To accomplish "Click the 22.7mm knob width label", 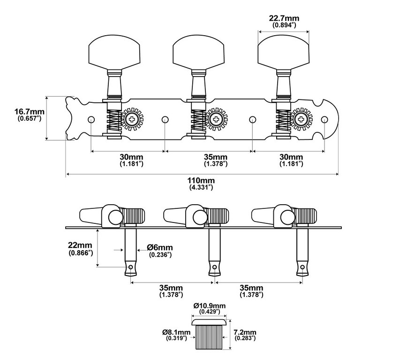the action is click(284, 21).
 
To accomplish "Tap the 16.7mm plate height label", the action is click(30, 115).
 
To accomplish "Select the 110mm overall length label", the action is click(201, 184).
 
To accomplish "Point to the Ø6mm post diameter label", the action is click(160, 251).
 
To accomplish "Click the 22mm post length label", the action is click(80, 249).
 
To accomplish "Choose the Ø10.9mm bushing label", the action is click(210, 308).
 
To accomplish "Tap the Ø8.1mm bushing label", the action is click(176, 335).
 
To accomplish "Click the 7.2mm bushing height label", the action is click(245, 335).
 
